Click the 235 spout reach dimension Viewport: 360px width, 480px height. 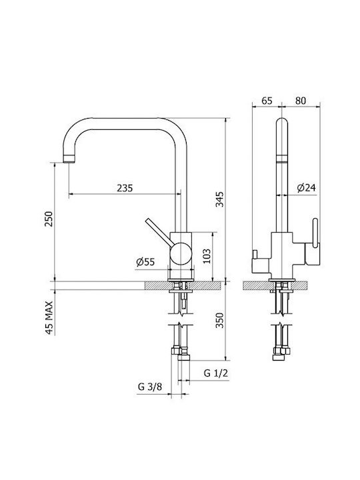[x=125, y=187]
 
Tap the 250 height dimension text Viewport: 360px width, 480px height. [x=49, y=219]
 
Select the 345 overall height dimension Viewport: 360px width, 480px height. [x=219, y=199]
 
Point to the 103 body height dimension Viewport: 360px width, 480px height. [x=207, y=256]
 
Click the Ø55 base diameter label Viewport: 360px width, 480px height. [x=145, y=262]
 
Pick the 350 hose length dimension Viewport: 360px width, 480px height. [x=219, y=320]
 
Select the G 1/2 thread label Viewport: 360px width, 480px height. [x=216, y=373]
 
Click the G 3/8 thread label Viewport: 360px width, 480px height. [x=150, y=387]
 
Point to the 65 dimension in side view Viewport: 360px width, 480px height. [x=267, y=101]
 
